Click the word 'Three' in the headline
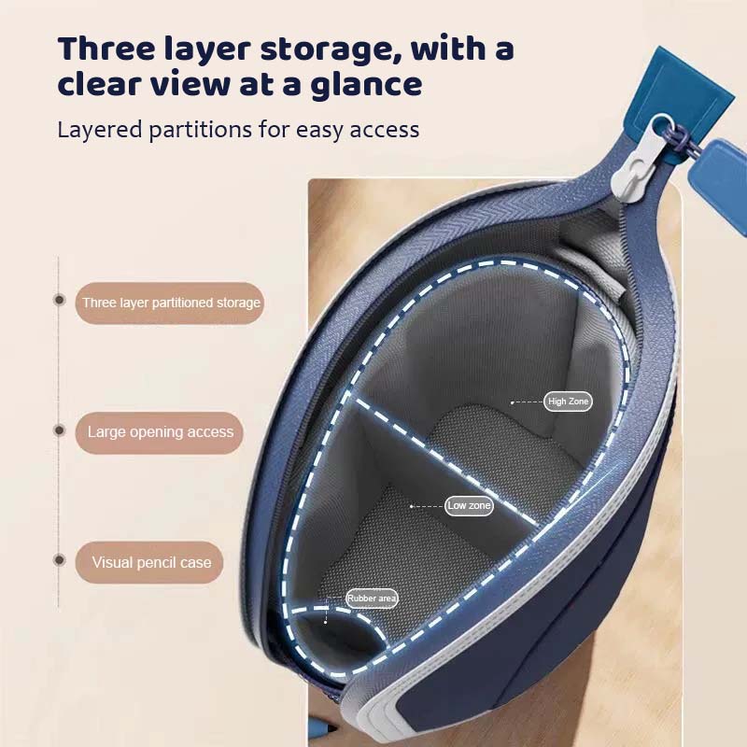click(x=107, y=49)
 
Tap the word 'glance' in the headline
click(x=367, y=85)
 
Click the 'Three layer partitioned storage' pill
click(x=170, y=303)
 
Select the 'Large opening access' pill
click(x=159, y=432)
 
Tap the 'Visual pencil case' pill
click(x=149, y=563)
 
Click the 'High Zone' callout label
click(x=568, y=402)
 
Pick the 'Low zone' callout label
click(x=469, y=505)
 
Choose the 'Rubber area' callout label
click(x=372, y=599)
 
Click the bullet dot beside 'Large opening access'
click(x=59, y=430)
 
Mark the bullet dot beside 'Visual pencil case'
click(x=59, y=559)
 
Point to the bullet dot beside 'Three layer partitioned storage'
click(x=59, y=300)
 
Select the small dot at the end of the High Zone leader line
click(x=512, y=402)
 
